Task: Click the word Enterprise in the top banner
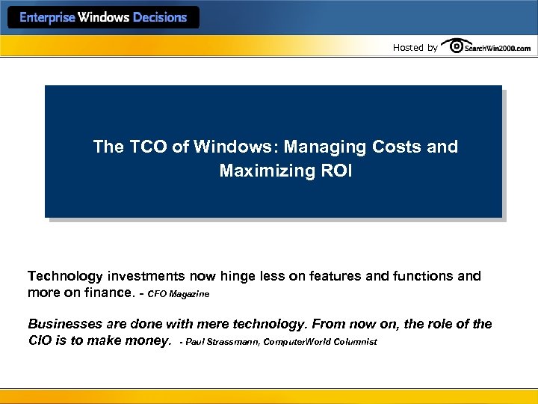(46, 17)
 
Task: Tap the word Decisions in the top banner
(159, 17)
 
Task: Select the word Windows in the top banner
(104, 17)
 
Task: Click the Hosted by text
(415, 48)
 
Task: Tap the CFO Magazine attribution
(179, 294)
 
